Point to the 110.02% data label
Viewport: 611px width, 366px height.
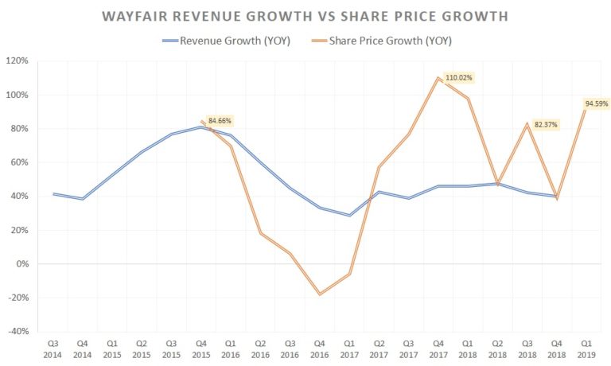pyautogui.click(x=459, y=77)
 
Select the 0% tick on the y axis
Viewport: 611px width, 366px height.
pyautogui.click(x=22, y=264)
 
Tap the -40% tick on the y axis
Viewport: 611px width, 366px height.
pyautogui.click(x=18, y=332)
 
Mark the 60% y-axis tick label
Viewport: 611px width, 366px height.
pyautogui.click(x=20, y=162)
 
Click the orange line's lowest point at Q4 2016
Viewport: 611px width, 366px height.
pyautogui.click(x=319, y=294)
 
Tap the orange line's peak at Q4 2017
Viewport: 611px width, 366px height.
pyautogui.click(x=438, y=78)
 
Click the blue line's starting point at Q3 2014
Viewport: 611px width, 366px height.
pyautogui.click(x=53, y=193)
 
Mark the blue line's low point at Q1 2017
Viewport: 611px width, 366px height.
pyautogui.click(x=348, y=216)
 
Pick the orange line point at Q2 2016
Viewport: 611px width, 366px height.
pyautogui.click(x=260, y=233)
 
